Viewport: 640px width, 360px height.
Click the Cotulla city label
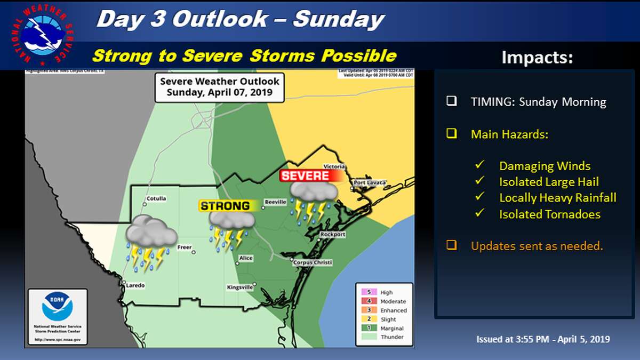click(x=155, y=198)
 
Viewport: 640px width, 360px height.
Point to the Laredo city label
click(x=135, y=285)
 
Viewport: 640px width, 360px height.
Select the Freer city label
click(x=185, y=247)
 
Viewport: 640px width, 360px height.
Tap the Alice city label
click(x=246, y=258)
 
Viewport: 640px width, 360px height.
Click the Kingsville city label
click(x=239, y=287)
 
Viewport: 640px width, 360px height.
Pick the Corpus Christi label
click(x=314, y=262)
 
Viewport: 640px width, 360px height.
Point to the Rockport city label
click(x=333, y=235)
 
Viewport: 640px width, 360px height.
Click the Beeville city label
click(x=276, y=202)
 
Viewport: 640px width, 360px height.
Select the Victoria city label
click(x=334, y=166)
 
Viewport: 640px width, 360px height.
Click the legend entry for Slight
click(x=388, y=319)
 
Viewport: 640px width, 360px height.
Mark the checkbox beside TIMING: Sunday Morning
click(x=452, y=101)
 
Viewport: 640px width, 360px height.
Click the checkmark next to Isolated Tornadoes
click(x=480, y=213)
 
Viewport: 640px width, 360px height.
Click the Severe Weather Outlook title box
click(x=220, y=87)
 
